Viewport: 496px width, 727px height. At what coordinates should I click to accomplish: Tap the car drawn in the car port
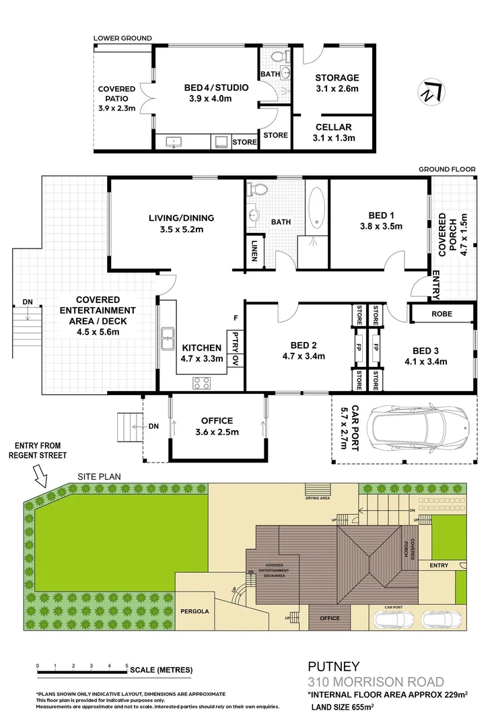pyautogui.click(x=417, y=428)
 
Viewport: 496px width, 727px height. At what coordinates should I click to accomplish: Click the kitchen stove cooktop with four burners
pyautogui.click(x=202, y=383)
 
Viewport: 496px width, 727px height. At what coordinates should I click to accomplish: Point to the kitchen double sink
pyautogui.click(x=167, y=340)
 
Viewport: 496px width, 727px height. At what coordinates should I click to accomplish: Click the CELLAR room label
pyautogui.click(x=334, y=127)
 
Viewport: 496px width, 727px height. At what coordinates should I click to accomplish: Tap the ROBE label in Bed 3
pyautogui.click(x=442, y=314)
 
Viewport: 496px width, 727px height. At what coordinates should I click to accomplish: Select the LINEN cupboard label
pyautogui.click(x=255, y=246)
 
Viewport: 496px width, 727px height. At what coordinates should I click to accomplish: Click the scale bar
pyautogui.click(x=82, y=671)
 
